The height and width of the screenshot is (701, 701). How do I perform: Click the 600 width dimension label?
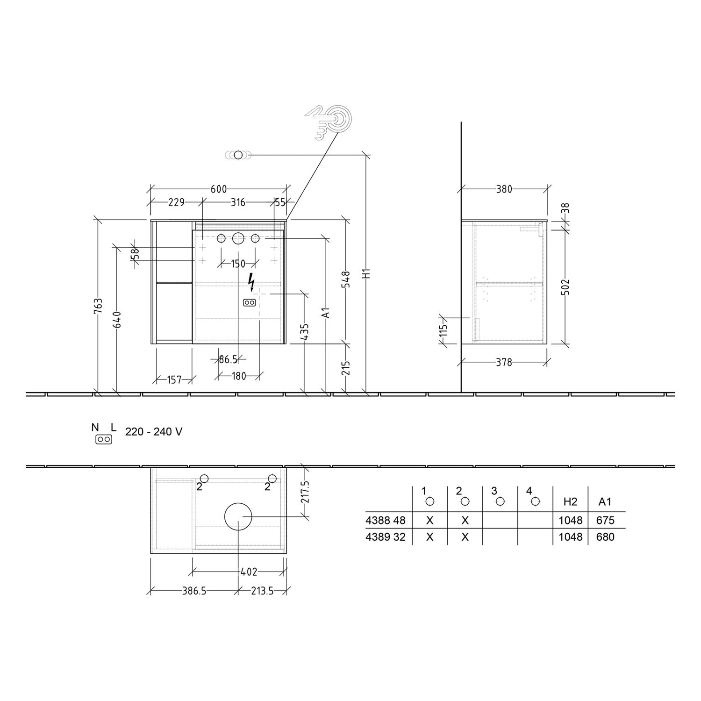click(219, 189)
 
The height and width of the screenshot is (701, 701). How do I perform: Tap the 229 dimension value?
click(176, 202)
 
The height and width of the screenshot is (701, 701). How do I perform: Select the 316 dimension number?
click(238, 202)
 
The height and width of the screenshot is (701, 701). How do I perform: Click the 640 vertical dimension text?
click(118, 319)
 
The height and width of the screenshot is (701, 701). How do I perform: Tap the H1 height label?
click(367, 273)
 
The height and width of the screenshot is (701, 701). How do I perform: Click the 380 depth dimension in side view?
click(504, 189)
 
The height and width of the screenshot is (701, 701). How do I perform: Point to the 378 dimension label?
click(504, 362)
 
